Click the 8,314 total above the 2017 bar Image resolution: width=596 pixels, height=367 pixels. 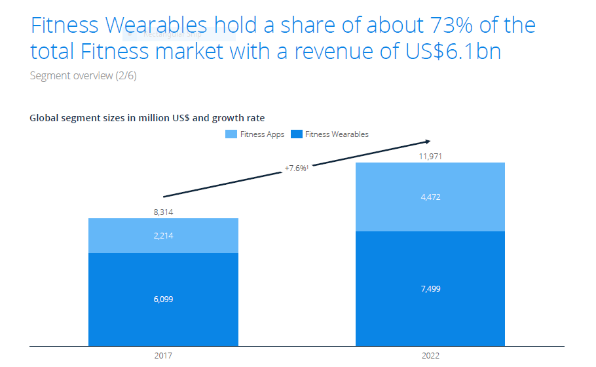(x=163, y=212)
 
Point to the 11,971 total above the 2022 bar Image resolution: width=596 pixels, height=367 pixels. (x=430, y=157)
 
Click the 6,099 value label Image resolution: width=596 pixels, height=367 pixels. (x=163, y=299)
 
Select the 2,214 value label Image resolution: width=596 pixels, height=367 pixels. (x=163, y=236)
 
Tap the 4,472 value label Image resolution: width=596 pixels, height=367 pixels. (x=430, y=197)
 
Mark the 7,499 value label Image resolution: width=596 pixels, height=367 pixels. (x=430, y=289)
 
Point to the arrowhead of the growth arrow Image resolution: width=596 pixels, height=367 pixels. (x=427, y=142)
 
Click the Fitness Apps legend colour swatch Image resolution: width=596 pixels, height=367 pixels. (x=231, y=134)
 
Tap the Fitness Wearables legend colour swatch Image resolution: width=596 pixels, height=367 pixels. (x=296, y=134)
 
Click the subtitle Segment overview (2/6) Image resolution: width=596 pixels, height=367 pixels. (x=83, y=75)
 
